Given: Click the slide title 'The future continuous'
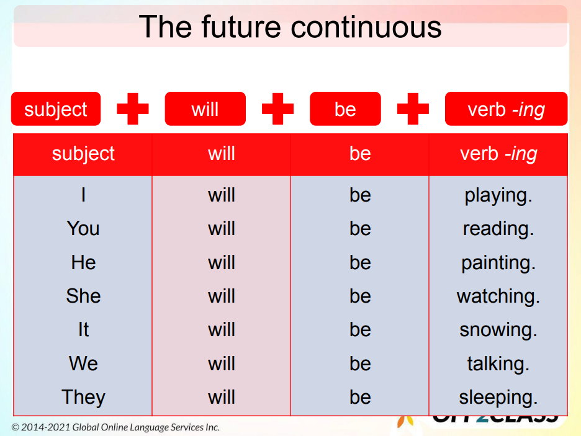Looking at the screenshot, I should point(290,27).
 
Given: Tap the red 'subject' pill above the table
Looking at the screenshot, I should point(56,109).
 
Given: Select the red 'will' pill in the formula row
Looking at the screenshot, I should point(205,109).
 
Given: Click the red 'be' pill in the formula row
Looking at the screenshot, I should point(345,109).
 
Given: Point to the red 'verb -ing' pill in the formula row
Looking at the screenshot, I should point(506,109).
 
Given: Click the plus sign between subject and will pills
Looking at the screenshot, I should point(133,109).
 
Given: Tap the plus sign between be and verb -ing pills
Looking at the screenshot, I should point(413,109).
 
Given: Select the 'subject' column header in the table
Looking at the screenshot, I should point(83,154).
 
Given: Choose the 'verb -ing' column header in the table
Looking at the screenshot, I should point(498,154).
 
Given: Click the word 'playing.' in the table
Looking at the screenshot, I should point(498,195).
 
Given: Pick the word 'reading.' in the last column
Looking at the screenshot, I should point(498,229).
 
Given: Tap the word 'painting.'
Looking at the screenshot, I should point(498,263).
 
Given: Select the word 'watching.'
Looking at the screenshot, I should point(498,296).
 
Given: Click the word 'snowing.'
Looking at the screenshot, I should point(498,330).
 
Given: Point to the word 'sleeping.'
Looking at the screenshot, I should point(498,397).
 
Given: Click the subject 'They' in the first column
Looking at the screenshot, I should point(83,397).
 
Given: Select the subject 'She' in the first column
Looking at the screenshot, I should point(83,296).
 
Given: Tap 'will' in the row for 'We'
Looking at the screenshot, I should point(222,363).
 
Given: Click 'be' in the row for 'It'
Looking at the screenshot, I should point(360,330).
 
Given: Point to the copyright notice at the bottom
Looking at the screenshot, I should point(115,427).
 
